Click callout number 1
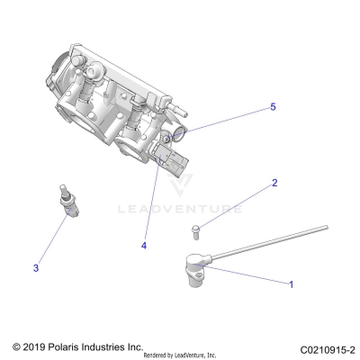pos(291,284)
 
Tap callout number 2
pos(249,184)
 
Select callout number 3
pos(36,267)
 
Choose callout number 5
pos(248,107)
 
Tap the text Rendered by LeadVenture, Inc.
pos(187,355)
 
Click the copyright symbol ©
pos(15,346)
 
